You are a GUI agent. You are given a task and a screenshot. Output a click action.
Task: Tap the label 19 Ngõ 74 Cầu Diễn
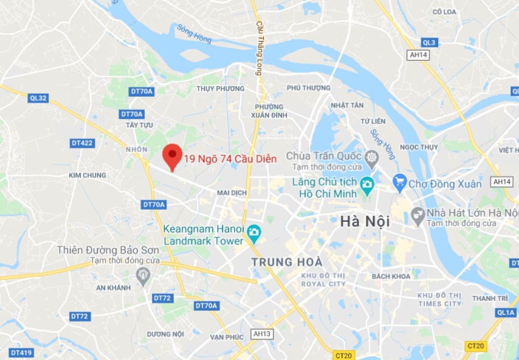[230, 159]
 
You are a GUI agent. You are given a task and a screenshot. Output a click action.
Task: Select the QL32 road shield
[36, 97]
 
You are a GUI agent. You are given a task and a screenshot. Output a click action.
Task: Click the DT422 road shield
[82, 143]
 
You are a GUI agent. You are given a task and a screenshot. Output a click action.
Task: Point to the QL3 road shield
[429, 42]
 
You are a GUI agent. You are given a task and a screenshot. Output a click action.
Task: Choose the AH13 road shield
[263, 334]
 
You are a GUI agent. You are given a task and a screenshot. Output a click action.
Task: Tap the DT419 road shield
[21, 353]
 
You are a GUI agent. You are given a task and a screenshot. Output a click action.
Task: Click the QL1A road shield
[506, 313]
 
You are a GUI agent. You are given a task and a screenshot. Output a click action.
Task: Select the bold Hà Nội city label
[365, 222]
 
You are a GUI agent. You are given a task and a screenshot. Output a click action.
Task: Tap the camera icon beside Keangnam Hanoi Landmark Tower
[253, 231]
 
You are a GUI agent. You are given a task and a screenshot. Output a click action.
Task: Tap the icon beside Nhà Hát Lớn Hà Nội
[418, 213]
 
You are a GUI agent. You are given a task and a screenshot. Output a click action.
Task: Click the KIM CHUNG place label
[88, 175]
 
